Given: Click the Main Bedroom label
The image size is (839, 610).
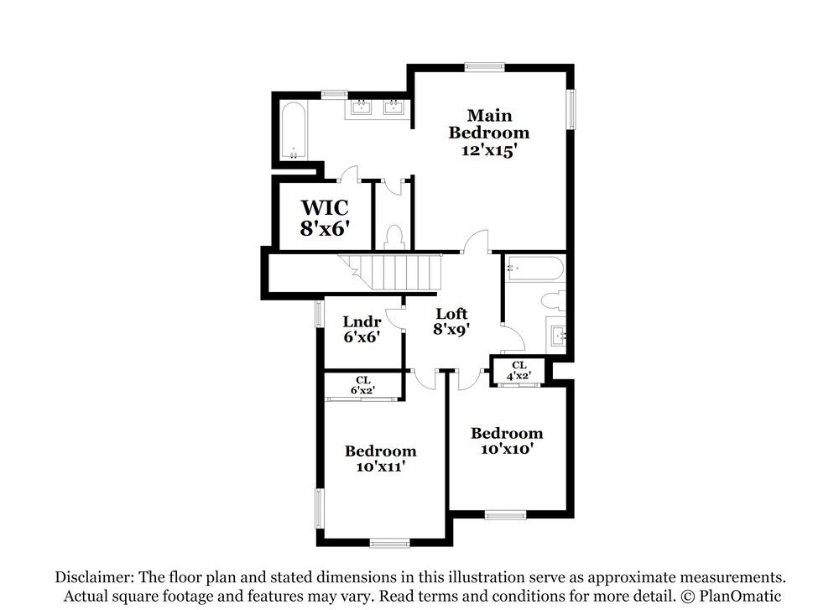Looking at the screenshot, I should coord(489,124).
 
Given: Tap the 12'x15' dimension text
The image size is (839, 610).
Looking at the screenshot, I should coord(489,151).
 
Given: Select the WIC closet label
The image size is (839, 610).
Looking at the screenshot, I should coord(325,207).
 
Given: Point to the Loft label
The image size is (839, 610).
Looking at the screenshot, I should coord(451,314).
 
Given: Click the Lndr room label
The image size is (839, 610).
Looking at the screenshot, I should coord(362,322).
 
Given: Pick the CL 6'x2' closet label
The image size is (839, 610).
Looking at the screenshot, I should coord(362,384).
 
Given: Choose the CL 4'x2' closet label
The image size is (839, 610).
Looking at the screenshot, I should coord(519,371).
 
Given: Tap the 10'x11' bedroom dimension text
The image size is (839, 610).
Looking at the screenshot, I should coord(380,467).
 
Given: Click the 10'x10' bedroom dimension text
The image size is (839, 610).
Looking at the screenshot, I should coord(506,449).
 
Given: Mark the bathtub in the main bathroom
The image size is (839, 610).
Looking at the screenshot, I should coord(294,131).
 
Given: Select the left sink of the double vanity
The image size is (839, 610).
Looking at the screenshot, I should coord(362,107).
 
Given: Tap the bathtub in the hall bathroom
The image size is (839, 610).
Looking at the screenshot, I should coord(534,269).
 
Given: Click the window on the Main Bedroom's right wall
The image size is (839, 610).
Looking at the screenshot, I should coord(571,110).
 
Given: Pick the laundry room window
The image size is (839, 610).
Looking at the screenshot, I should coord(319,313).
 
